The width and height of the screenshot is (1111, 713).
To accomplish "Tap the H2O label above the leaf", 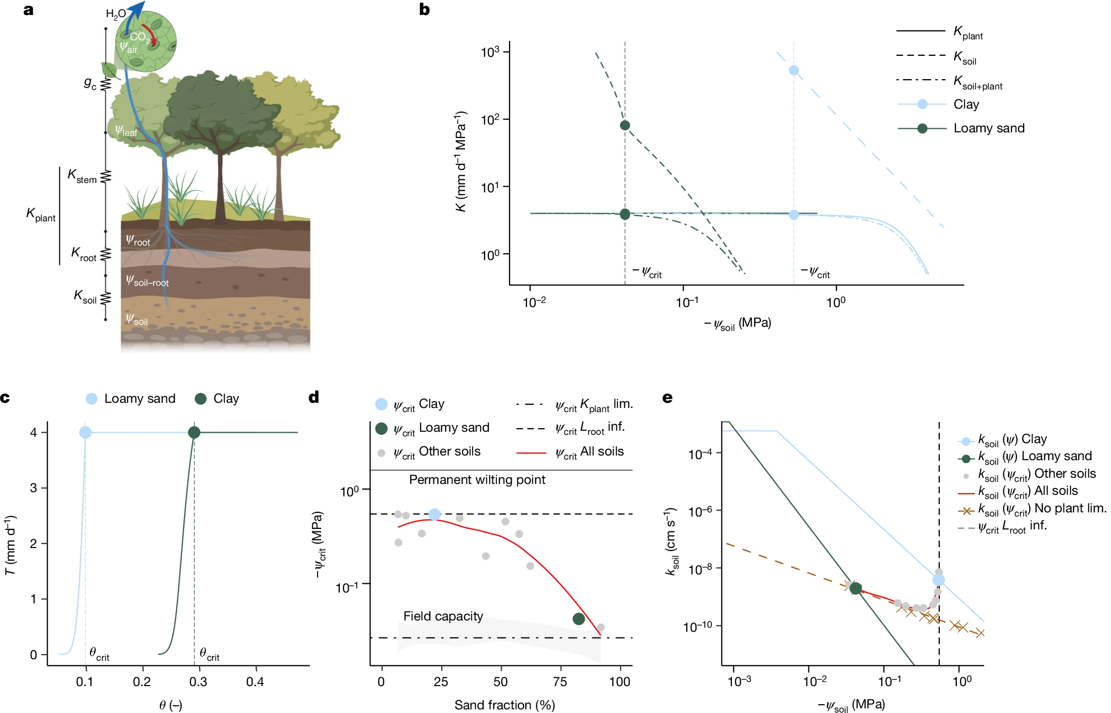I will point(115,14).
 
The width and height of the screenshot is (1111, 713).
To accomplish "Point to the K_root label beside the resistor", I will point(84,254).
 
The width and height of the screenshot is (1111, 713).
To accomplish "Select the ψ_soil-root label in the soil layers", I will point(147,281).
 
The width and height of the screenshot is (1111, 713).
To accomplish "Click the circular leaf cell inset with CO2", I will point(145,41).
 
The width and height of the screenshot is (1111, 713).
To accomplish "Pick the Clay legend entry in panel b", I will point(966,104).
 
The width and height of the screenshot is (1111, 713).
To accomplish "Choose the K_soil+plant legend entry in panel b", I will point(977,82).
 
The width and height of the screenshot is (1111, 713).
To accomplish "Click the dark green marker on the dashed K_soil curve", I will point(625,125).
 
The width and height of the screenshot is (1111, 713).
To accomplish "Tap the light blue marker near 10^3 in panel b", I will point(793,70).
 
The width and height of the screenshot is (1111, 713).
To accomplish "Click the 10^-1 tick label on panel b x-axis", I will point(686,302).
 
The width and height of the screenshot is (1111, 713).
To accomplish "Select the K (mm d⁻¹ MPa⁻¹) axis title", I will point(460,161).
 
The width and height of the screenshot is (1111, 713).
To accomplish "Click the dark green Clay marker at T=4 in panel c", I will point(194,432).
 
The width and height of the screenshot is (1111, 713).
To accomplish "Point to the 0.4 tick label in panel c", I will point(254,682).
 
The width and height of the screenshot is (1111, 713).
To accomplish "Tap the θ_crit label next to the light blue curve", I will point(99,654).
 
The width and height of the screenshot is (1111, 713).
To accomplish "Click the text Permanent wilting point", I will point(477,480).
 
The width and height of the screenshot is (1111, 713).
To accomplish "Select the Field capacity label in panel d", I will point(443,616).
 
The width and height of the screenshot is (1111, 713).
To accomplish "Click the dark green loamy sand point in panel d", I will point(579,619).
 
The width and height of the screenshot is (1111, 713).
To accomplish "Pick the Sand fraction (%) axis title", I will point(504,705).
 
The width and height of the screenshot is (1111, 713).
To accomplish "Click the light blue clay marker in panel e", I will point(938,580).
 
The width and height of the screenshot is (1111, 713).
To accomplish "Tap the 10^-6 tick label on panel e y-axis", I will point(700,511).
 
